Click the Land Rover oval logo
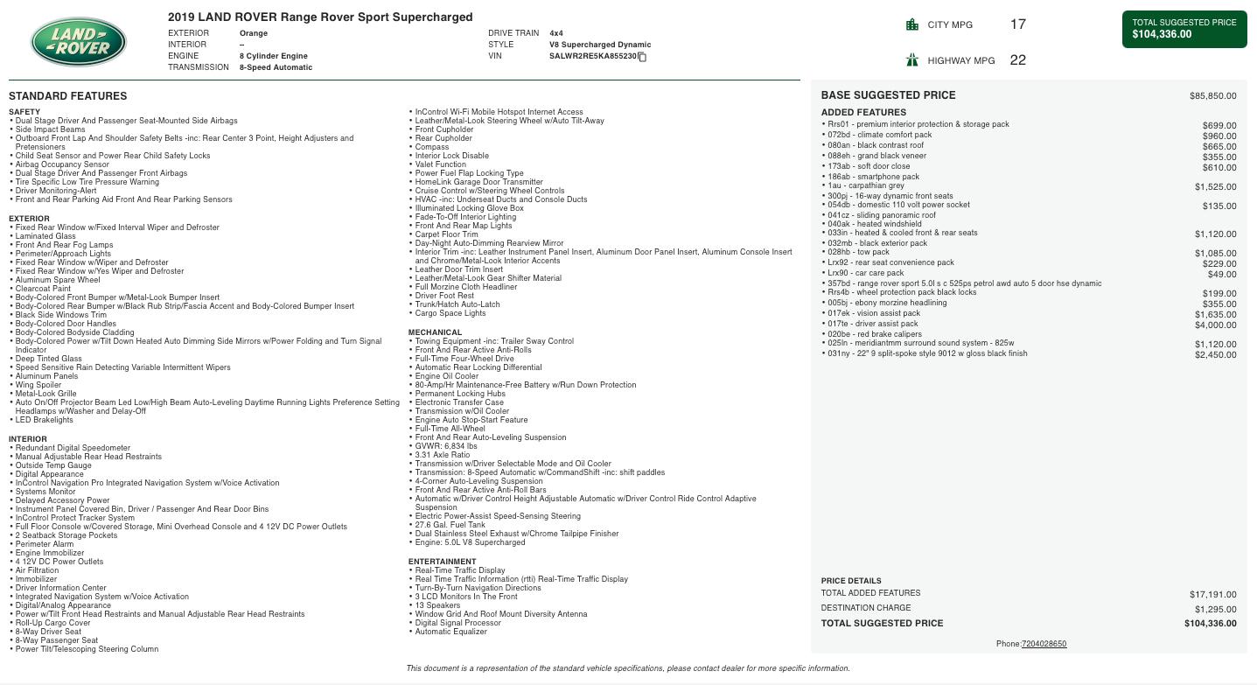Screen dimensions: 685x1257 (x=79, y=42)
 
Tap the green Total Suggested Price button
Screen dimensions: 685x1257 (x=1184, y=29)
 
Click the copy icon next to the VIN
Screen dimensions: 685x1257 (x=642, y=57)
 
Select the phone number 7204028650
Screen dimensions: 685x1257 (x=1044, y=644)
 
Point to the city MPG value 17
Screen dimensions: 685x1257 (x=1017, y=24)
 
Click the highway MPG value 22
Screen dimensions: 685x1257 (x=1017, y=60)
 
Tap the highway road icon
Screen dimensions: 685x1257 (x=912, y=60)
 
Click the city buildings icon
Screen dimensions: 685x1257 (x=912, y=24)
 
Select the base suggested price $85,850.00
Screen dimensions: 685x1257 (x=1212, y=95)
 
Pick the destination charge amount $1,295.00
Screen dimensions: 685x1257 (x=1215, y=609)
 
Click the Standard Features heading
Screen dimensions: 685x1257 (x=67, y=96)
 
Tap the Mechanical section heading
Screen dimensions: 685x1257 (x=435, y=332)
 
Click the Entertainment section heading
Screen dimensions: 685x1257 (x=442, y=562)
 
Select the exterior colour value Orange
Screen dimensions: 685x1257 (x=254, y=33)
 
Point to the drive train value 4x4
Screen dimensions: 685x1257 (x=556, y=33)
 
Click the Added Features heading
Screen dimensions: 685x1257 (x=863, y=112)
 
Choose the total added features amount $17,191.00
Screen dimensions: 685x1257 (x=1212, y=594)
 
